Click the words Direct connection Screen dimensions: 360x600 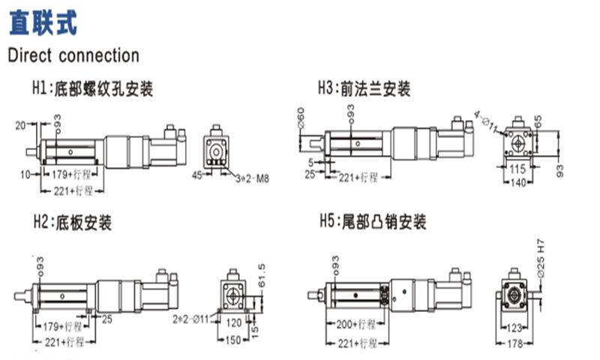pos(73,55)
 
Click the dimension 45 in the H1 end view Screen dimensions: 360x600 pos(198,176)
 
